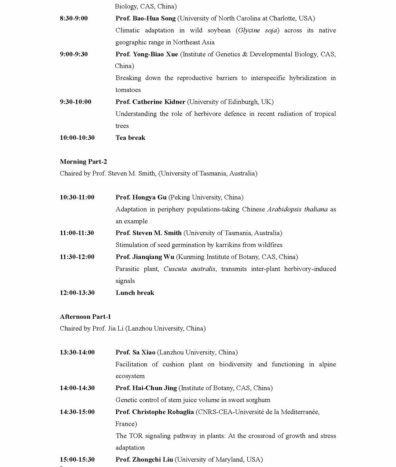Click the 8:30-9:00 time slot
(73, 18)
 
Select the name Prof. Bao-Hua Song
(145, 18)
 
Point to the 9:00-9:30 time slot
(73, 54)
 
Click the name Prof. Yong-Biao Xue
(147, 54)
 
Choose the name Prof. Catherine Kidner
(150, 102)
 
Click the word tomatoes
(128, 90)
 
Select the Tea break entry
(130, 138)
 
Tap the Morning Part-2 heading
(83, 162)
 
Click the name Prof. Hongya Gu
(141, 197)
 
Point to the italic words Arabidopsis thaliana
(297, 209)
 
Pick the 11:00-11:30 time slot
(77, 233)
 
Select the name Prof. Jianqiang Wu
(145, 257)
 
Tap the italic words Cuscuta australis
(189, 269)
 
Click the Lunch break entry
(135, 293)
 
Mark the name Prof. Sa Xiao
(135, 352)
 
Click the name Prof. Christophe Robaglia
(154, 412)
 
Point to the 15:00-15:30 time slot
(77, 460)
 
